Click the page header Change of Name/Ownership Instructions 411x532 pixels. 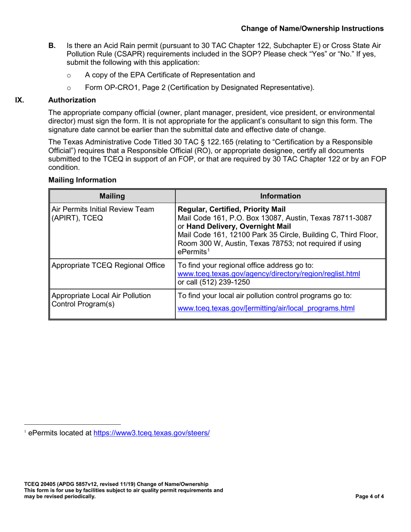pyautogui.click(x=311, y=29)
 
